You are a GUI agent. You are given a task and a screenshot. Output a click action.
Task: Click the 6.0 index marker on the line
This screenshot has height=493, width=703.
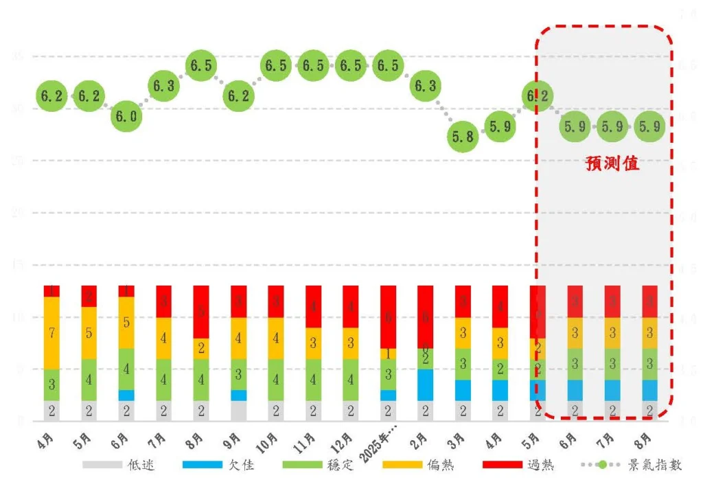click(x=126, y=117)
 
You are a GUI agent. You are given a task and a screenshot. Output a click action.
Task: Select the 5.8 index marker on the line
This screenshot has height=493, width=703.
click(x=462, y=137)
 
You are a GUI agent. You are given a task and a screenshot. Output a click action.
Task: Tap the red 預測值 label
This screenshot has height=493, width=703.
click(x=612, y=163)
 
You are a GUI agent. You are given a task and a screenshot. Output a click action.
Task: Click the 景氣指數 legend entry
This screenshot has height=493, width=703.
click(x=632, y=465)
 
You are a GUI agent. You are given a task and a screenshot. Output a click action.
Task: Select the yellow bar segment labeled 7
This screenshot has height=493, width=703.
click(x=51, y=333)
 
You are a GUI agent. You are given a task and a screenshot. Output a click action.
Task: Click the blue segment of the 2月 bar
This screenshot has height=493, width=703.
click(x=425, y=385)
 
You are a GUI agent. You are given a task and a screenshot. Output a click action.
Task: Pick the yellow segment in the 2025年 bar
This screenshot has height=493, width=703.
click(x=388, y=354)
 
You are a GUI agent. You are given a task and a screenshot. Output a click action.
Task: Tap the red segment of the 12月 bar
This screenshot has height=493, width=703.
click(x=350, y=306)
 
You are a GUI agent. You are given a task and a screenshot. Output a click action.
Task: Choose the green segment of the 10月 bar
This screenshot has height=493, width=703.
click(x=275, y=379)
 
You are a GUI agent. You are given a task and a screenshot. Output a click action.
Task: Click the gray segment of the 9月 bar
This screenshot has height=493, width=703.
click(x=238, y=411)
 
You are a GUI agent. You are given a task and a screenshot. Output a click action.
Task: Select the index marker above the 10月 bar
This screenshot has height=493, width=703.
click(x=275, y=66)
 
